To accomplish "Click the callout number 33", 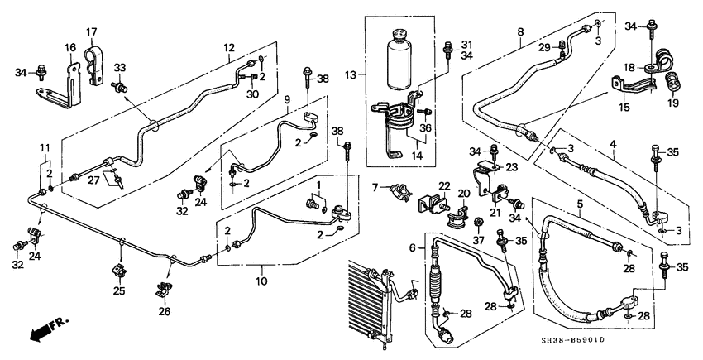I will (119, 68).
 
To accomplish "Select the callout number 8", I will (520, 33).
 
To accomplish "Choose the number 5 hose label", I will (579, 203).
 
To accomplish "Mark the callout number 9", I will (286, 99).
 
